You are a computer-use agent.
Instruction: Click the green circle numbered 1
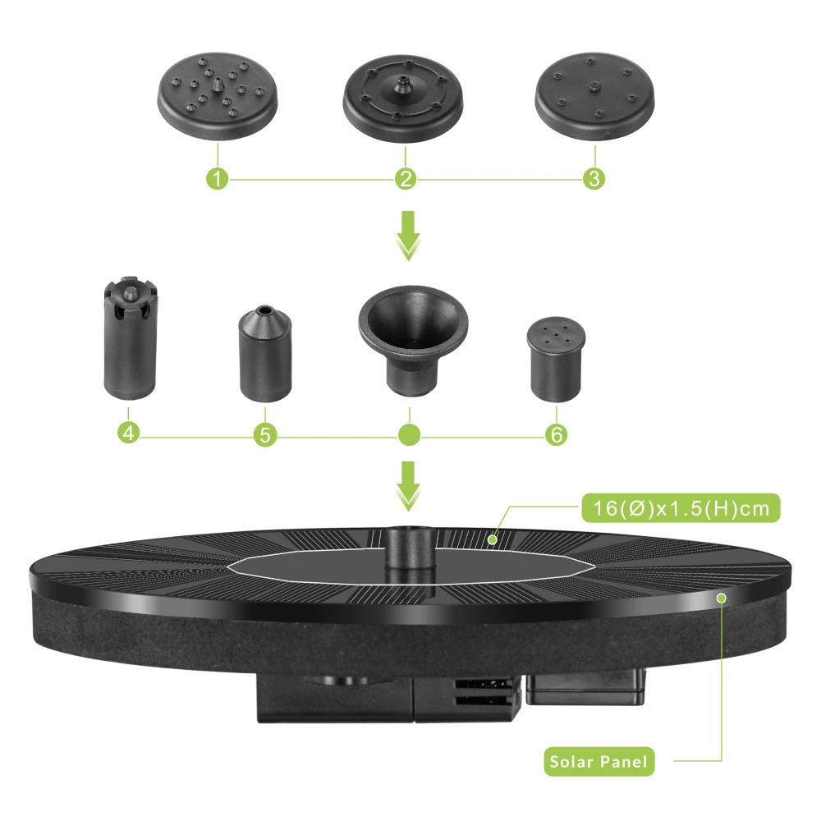[x=218, y=178]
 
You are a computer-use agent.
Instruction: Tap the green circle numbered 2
[x=406, y=178]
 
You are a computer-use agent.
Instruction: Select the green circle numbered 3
[x=594, y=178]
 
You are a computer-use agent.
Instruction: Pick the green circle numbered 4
[x=129, y=433]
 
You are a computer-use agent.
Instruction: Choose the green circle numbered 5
[x=265, y=434]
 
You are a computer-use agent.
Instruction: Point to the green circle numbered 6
[x=556, y=434]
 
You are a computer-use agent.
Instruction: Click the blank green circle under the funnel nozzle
[x=409, y=434]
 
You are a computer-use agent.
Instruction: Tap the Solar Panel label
[x=599, y=761]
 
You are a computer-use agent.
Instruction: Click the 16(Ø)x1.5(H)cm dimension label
[x=681, y=508]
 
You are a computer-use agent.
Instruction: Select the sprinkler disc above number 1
[x=218, y=96]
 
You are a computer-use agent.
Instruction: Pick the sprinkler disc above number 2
[x=403, y=99]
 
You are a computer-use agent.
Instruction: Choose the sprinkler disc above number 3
[x=594, y=96]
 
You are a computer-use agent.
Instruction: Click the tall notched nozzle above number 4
[x=131, y=338]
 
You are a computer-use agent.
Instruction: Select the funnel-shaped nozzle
[x=413, y=341]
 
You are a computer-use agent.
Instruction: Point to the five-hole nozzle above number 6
[x=556, y=360]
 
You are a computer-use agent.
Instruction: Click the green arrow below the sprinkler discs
[x=408, y=236]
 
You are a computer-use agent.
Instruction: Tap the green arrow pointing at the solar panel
[x=408, y=486]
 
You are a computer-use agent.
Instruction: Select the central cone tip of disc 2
[x=402, y=85]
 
